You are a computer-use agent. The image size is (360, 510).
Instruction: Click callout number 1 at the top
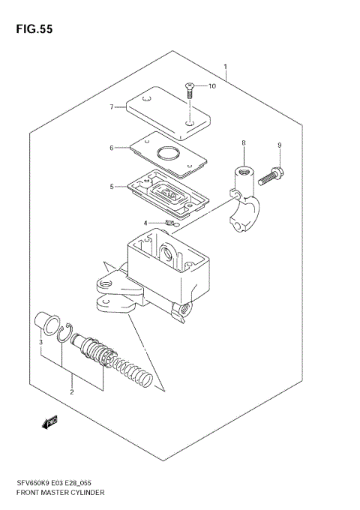pos(224,67)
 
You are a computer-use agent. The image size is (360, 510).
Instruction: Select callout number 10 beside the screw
pos(211,86)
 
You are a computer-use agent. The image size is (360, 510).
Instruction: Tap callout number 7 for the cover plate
pos(111,107)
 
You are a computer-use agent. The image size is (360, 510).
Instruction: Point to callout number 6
pos(112,148)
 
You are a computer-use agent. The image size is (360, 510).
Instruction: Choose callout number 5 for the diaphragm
pos(112,186)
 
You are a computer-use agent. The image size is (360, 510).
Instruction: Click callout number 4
pos(147,223)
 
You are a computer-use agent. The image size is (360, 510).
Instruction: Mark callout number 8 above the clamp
pos(243,142)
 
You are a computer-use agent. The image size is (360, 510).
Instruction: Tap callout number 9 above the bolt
pos(278,145)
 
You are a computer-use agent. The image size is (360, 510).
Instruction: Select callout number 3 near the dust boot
pos(41,343)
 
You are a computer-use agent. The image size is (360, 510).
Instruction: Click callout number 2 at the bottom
pos(71,391)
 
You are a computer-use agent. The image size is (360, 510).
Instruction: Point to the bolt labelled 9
pos(271,177)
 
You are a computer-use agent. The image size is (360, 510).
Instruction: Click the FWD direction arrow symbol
pos(50,423)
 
